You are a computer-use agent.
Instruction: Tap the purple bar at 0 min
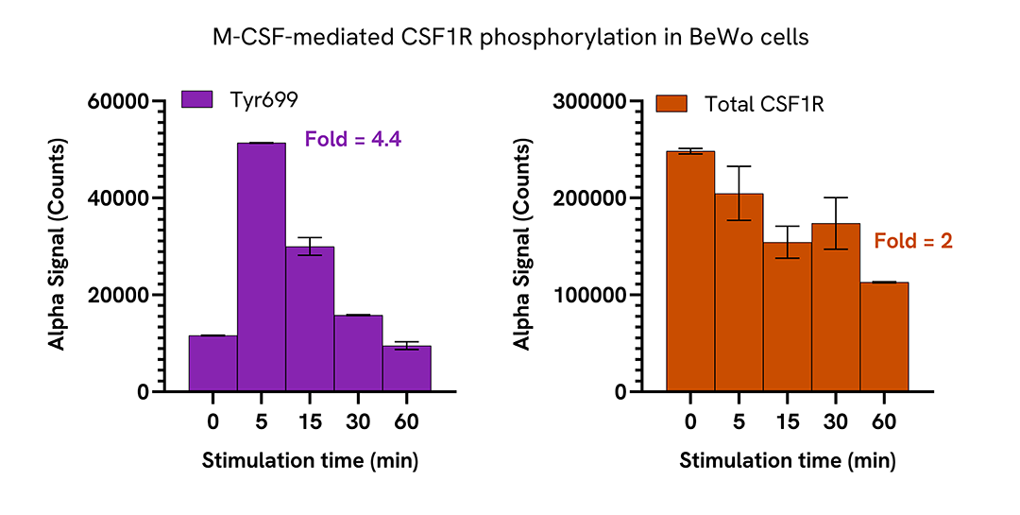212,363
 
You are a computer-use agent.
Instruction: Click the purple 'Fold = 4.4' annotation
353,140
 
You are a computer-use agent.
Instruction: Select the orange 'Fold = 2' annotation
913,242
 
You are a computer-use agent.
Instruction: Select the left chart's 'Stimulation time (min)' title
310,461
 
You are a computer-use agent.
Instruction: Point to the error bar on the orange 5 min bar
739,193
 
